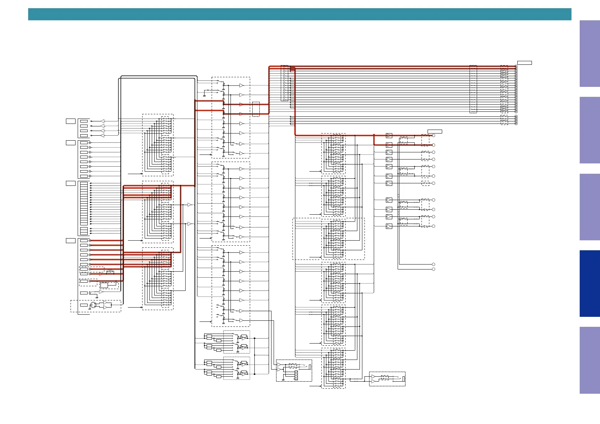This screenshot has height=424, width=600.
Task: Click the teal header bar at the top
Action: (x=299, y=14)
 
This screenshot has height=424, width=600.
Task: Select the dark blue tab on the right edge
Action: (x=589, y=283)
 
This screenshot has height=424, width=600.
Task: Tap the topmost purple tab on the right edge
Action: (x=589, y=53)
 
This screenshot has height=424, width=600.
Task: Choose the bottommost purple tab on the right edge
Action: (x=589, y=360)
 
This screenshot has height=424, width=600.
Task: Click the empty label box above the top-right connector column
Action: (x=524, y=63)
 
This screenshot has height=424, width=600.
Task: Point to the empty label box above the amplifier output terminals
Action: (x=435, y=132)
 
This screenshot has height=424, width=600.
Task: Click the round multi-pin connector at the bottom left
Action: (x=93, y=305)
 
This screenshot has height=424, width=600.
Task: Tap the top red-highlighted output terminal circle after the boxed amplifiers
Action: (x=434, y=136)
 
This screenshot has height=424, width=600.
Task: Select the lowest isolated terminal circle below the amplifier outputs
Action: (x=434, y=269)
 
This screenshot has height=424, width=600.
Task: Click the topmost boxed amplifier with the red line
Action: (x=389, y=136)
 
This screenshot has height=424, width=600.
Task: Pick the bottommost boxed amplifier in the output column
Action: (x=389, y=226)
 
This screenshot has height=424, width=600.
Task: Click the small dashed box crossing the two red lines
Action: (x=256, y=109)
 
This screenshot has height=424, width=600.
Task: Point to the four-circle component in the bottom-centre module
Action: (x=296, y=375)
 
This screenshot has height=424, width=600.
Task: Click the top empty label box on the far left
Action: (x=71, y=121)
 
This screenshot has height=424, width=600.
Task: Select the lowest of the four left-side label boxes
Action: (x=71, y=241)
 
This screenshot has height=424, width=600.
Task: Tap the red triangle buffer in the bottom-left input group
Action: (x=101, y=274)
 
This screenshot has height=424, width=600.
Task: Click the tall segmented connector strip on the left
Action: (x=84, y=204)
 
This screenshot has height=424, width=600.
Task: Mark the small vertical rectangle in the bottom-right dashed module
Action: (x=404, y=379)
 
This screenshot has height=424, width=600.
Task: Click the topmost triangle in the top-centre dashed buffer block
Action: (x=242, y=85)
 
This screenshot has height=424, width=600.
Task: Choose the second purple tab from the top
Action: (x=589, y=130)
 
